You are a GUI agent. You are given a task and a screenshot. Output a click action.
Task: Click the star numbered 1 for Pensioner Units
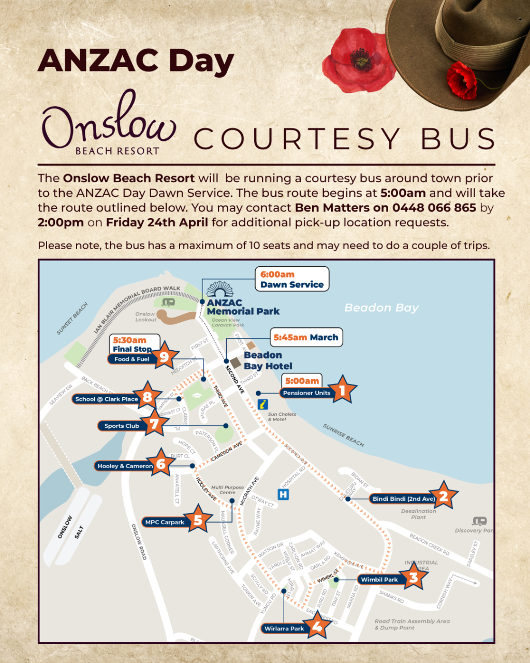(x=342, y=390)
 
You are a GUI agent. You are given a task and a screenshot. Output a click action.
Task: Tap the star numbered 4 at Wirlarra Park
(x=317, y=627)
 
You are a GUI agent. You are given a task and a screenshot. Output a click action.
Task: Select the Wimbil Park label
(x=379, y=580)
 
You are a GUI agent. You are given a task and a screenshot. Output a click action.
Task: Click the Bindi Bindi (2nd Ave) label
(x=404, y=499)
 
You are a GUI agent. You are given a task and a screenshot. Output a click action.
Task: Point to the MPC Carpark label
(x=165, y=522)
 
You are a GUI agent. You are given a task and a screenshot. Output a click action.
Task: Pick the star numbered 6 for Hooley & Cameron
(x=160, y=464)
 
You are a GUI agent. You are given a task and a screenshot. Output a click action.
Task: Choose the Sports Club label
(x=122, y=426)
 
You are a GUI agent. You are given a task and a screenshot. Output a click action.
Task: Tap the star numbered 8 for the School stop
(x=148, y=397)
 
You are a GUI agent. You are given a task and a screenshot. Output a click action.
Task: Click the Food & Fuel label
(x=131, y=359)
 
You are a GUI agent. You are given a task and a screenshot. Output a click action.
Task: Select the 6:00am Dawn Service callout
(x=292, y=279)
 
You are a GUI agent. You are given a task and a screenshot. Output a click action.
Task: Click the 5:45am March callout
(x=306, y=337)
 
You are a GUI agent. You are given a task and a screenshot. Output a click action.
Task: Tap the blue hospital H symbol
(x=283, y=495)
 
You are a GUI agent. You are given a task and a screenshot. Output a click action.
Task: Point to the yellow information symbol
(x=263, y=404)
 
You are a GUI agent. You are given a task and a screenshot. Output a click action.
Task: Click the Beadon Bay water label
(x=381, y=308)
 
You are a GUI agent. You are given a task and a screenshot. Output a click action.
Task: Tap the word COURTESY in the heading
(x=297, y=139)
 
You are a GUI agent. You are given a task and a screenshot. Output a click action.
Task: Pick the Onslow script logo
(x=109, y=124)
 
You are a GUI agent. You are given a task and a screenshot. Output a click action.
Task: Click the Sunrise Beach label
(x=344, y=435)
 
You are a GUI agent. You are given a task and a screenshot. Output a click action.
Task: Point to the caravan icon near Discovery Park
(x=479, y=521)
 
